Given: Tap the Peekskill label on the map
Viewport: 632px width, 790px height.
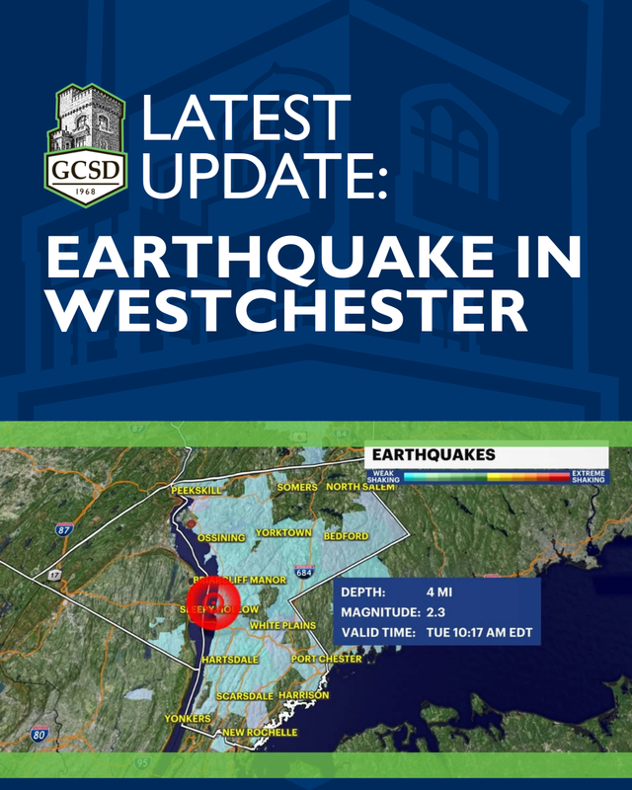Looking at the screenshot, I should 197,490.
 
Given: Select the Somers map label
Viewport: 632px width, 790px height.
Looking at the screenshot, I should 297,488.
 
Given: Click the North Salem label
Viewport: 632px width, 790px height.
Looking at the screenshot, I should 360,487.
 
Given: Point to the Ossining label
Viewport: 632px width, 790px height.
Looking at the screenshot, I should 221,538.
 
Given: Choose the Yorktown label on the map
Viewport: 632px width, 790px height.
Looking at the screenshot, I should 283,533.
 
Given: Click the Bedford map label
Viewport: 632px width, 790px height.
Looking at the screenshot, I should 346,536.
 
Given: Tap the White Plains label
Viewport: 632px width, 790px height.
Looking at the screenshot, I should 282,626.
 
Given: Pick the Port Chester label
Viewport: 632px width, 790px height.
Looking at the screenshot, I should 327,659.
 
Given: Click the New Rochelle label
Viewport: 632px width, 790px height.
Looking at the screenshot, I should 260,733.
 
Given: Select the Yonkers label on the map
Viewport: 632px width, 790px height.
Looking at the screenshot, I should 188,719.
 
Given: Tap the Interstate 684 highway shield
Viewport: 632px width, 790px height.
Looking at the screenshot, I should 304,573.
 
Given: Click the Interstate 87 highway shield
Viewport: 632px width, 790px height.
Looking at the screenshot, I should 64,529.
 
